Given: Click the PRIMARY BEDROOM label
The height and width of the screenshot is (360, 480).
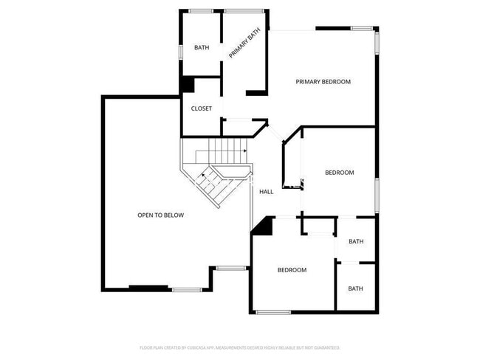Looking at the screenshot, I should pos(323,81).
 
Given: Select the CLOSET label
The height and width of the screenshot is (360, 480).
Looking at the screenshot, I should pos(202,108).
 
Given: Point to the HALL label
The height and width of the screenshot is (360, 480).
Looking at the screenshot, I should pos(266,192).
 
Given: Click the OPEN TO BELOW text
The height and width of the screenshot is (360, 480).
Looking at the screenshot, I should pos(160,215).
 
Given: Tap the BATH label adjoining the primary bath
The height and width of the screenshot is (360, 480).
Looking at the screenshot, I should pos(202,48).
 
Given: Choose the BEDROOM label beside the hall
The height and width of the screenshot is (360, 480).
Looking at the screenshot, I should pos(339,173).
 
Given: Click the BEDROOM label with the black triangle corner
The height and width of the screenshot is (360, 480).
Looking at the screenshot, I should pos(292,270).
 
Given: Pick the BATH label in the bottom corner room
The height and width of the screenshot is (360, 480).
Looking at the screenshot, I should pos(355,288).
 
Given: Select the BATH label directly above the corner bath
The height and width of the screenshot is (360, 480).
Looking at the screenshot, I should pos(356,242).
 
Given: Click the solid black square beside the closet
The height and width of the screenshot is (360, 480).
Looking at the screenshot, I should pos(188,85).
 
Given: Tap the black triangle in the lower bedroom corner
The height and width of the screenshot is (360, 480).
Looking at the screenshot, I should pos(261,228).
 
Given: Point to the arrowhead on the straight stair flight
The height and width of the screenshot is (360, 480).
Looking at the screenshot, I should pos(243,151).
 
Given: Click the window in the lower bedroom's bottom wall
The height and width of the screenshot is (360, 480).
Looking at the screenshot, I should pos(273,311).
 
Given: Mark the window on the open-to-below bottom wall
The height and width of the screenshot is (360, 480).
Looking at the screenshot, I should pos(187,289).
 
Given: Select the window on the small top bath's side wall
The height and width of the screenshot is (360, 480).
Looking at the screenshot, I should pos(182,53).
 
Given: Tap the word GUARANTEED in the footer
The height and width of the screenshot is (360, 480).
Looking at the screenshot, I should pos(326,347).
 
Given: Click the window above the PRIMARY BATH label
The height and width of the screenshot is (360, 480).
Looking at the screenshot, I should pos(245,10).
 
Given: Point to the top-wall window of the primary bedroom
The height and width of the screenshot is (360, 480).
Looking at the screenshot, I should pos(361,29).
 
